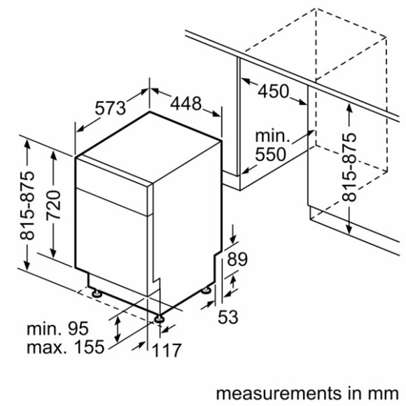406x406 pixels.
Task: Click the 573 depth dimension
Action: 111,108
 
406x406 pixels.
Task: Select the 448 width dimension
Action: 185,104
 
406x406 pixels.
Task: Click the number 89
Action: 238,260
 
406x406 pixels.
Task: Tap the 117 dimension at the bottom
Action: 168,349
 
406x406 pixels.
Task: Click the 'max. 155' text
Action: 65,346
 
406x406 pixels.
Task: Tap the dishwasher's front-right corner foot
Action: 161,318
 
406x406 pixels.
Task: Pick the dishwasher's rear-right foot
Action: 207,289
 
